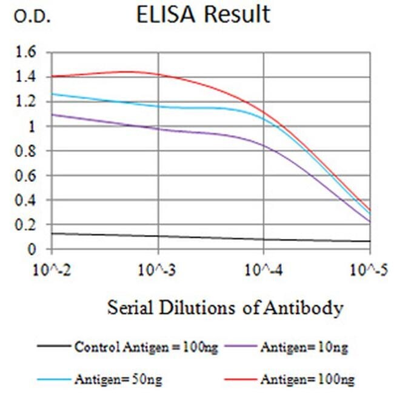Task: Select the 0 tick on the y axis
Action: point(32,249)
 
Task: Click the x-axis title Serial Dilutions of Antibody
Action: point(225,308)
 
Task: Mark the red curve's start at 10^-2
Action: point(53,76)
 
